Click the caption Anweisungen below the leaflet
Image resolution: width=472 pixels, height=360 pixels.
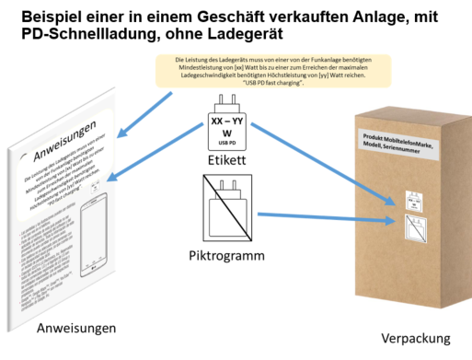point(76,328)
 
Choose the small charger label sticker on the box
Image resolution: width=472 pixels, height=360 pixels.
point(415,199)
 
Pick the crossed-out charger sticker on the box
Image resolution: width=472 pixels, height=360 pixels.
point(414,225)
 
